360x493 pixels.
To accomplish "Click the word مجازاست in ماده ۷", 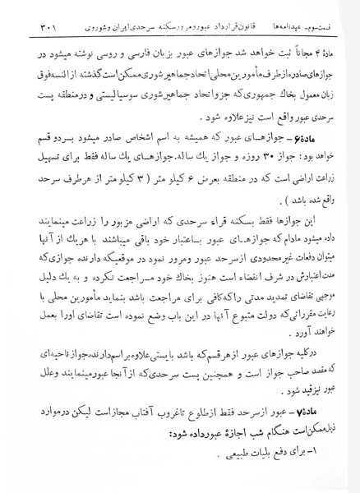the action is (x=104, y=411).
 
